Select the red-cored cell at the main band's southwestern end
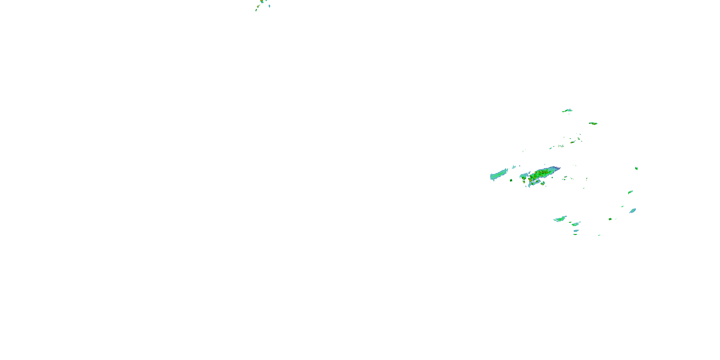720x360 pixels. (x=523, y=178)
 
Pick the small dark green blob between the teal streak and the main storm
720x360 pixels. (x=511, y=180)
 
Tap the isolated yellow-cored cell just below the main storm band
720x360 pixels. (x=542, y=184)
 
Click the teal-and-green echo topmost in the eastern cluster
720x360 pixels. (x=567, y=111)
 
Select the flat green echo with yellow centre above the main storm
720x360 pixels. (x=593, y=123)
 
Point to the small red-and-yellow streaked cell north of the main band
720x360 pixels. (x=572, y=142)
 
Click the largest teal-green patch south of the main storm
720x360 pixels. (x=560, y=219)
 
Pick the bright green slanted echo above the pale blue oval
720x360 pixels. (x=630, y=192)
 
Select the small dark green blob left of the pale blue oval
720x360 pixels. (x=610, y=219)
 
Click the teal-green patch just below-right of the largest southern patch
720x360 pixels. (x=576, y=224)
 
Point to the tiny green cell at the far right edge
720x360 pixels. (x=636, y=168)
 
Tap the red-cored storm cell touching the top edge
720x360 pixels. (x=262, y=1)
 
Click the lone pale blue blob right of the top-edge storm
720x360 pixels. (x=270, y=6)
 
